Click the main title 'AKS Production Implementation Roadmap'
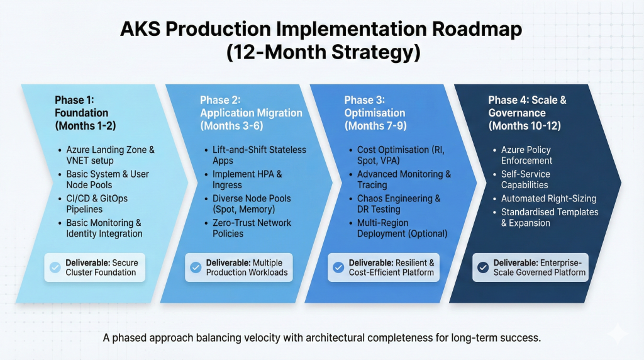pyautogui.click(x=322, y=30)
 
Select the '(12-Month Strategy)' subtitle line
pyautogui.click(x=322, y=52)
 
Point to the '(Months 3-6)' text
pyautogui.click(x=231, y=125)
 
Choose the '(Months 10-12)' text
pyautogui.click(x=525, y=125)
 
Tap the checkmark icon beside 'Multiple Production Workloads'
pyautogui.click(x=197, y=266)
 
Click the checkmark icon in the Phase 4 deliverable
pyautogui.click(x=483, y=266)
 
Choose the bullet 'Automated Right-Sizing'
pyautogui.click(x=548, y=198)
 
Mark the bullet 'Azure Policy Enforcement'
pyautogui.click(x=526, y=155)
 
